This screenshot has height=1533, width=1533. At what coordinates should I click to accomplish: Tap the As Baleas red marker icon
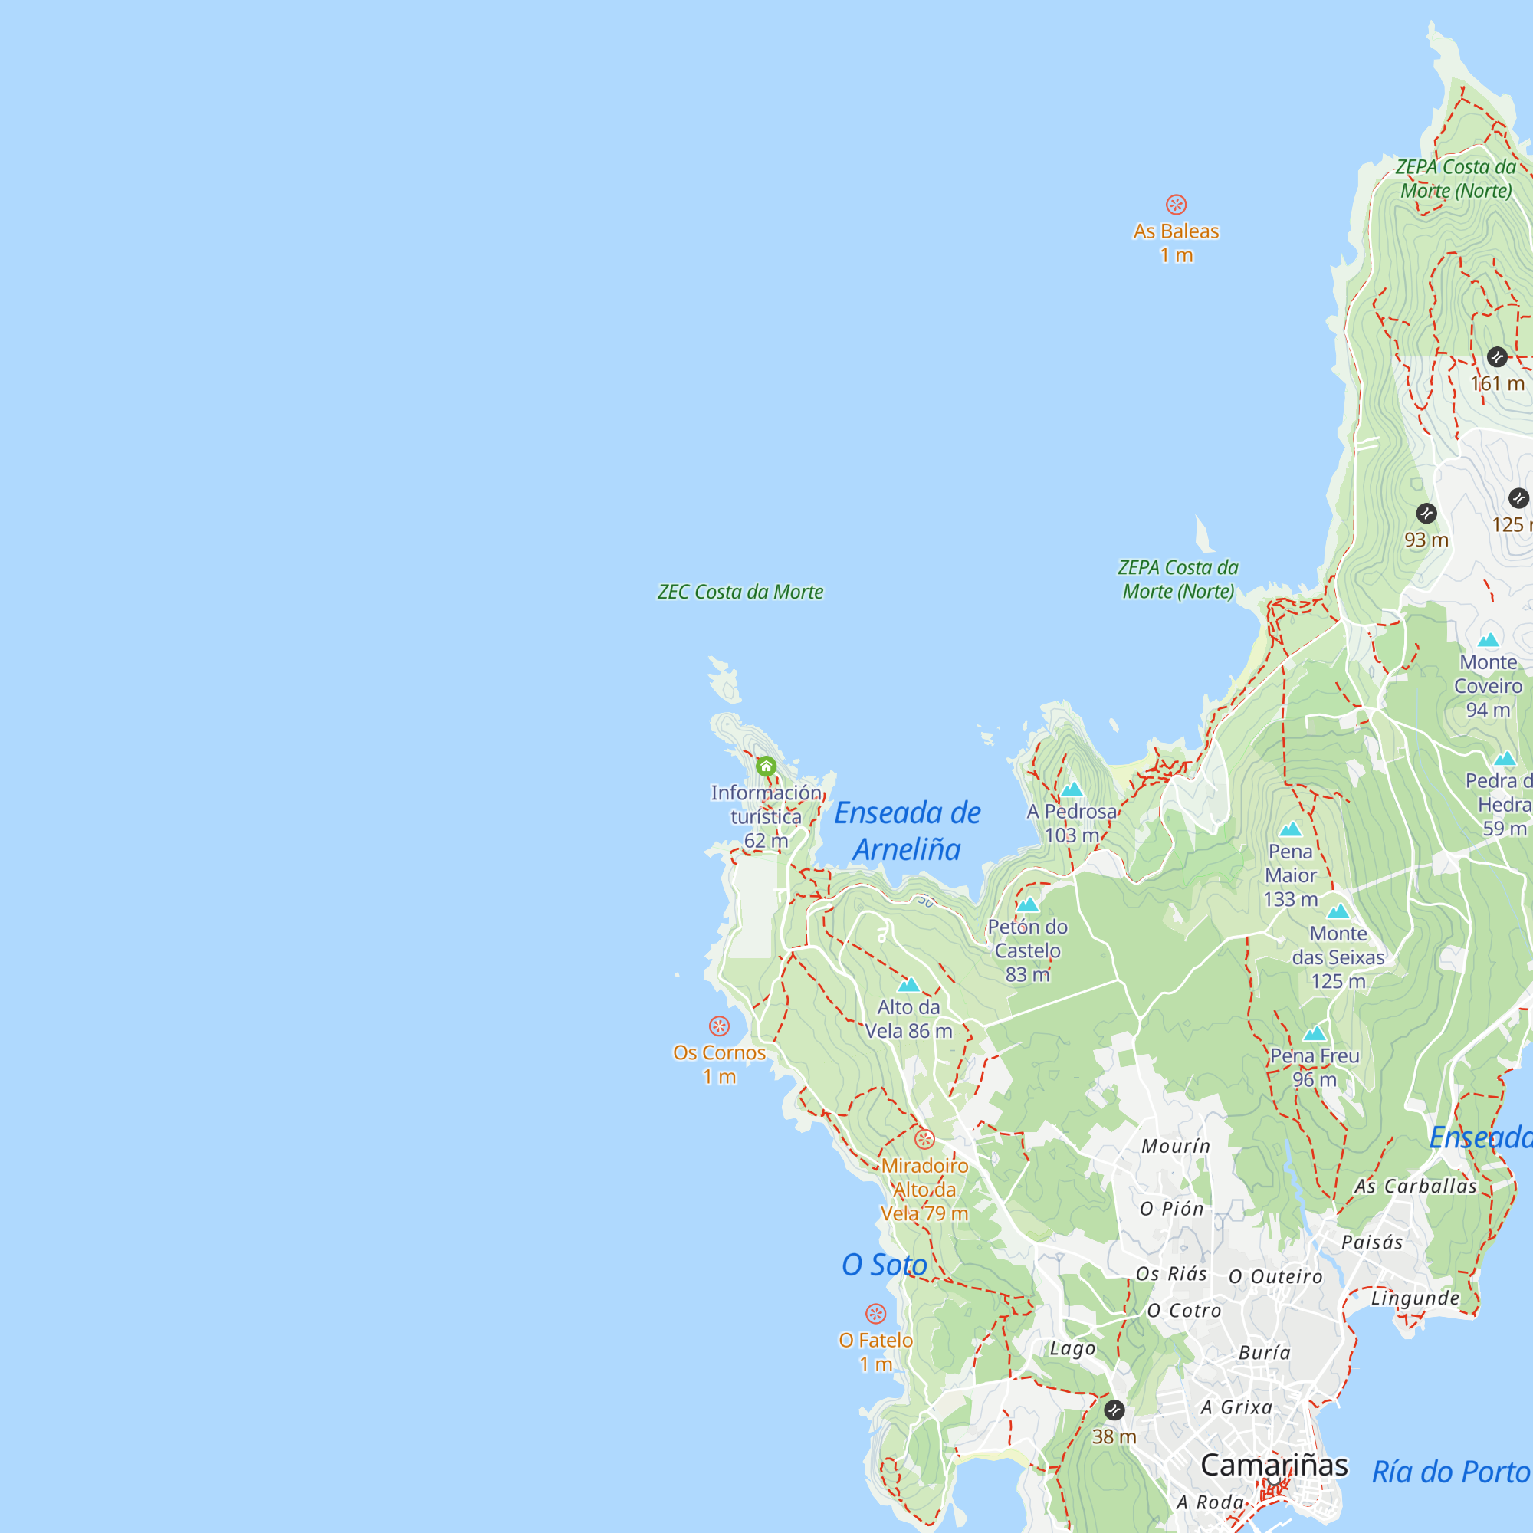point(1176,205)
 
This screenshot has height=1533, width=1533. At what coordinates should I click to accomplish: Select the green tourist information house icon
point(766,766)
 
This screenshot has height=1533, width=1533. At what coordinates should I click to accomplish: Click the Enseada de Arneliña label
point(907,831)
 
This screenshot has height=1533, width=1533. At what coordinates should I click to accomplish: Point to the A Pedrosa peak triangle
point(1072,789)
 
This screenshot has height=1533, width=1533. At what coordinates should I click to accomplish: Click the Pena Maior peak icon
point(1290,830)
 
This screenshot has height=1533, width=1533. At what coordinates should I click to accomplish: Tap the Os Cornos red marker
point(719,1026)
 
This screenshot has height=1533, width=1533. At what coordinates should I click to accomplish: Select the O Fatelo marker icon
point(875,1314)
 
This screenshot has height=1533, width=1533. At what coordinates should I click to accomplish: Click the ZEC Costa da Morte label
point(740,592)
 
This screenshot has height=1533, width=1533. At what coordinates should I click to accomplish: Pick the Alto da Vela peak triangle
point(908,986)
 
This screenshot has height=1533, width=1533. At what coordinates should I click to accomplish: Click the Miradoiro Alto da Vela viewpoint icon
point(924,1140)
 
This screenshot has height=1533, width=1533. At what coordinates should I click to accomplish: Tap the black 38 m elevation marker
point(1114,1410)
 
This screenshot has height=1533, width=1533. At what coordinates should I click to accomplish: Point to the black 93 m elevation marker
point(1426,514)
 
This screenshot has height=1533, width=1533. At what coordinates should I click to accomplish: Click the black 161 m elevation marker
point(1497,357)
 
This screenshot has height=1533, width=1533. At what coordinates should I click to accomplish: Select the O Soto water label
point(884,1265)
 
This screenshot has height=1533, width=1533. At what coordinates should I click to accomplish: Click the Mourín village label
point(1176,1146)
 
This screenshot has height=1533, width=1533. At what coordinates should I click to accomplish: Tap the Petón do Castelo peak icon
point(1028,904)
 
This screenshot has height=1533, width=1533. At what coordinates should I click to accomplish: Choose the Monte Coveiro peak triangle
point(1489,640)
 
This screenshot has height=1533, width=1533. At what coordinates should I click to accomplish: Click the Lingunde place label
point(1416,1298)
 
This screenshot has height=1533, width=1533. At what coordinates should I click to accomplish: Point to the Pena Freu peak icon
point(1315,1034)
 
